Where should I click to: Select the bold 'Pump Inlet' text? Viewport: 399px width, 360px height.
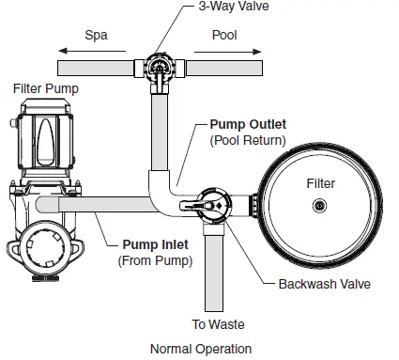coord(154,244)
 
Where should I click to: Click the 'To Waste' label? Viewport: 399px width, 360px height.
coord(219,324)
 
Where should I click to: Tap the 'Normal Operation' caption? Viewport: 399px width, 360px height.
coord(201,349)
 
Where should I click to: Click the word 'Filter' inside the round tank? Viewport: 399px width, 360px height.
coord(321,184)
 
